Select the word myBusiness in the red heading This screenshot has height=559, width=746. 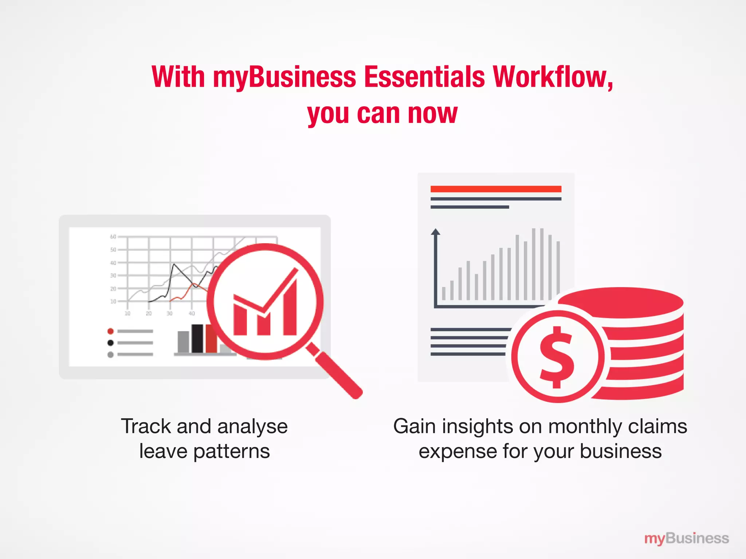284,78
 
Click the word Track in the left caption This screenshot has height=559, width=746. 146,426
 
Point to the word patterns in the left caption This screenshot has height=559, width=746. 231,452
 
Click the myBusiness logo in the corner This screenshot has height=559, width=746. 686,538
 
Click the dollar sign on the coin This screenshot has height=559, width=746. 557,357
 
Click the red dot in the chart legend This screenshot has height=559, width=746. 110,331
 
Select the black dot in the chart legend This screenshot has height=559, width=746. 110,343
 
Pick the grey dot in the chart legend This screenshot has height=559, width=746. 110,354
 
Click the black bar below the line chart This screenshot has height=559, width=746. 197,338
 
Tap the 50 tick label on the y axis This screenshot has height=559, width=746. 113,250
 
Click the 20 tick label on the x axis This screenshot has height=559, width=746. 149,313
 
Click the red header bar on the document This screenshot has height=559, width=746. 496,189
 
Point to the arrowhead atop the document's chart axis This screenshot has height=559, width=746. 435,231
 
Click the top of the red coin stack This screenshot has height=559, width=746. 621,301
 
